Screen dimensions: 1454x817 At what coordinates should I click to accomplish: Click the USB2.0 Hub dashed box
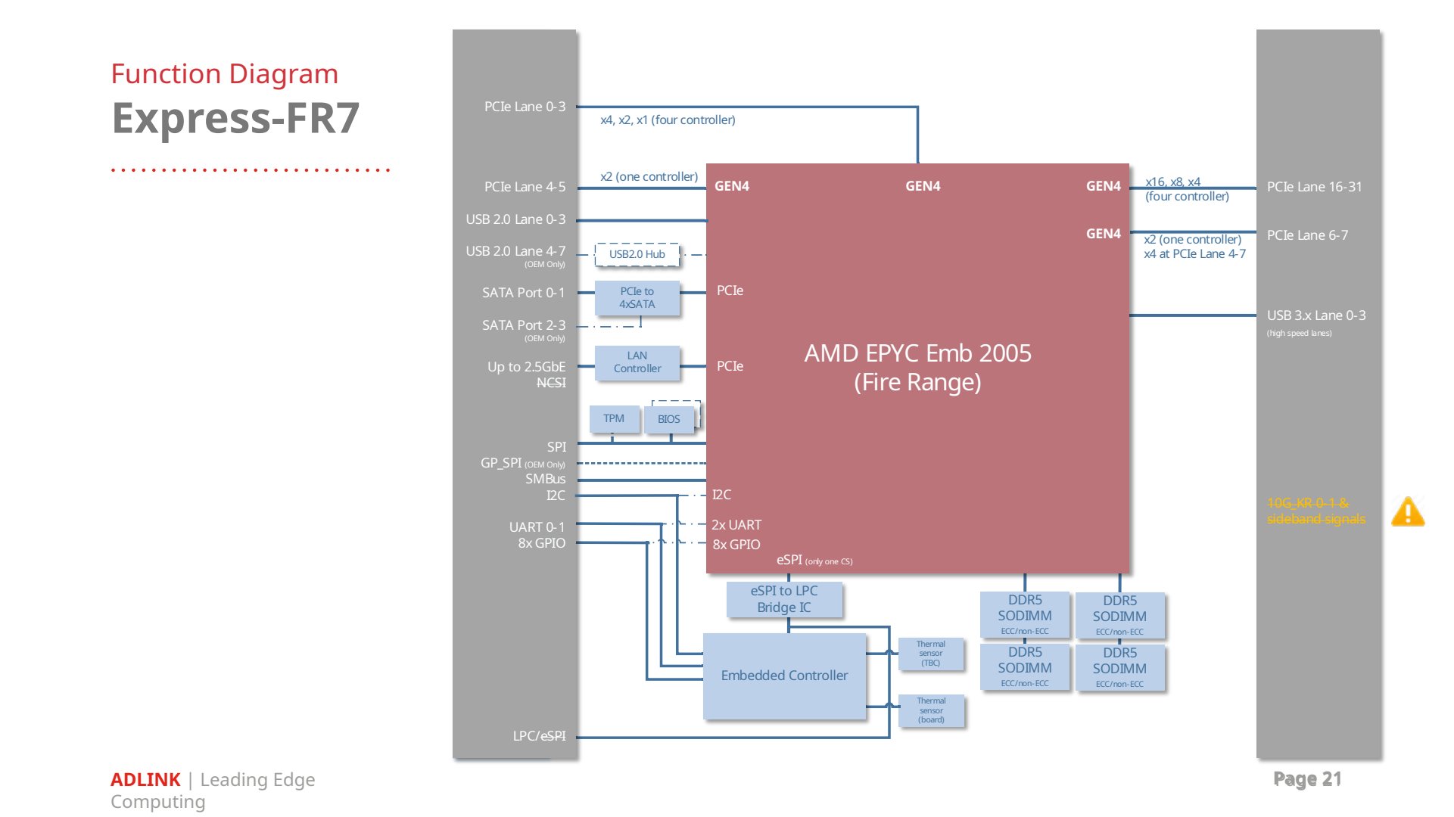point(637,254)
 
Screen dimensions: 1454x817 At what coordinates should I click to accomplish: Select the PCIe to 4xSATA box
point(637,298)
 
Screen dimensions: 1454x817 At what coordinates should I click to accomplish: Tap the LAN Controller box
point(637,362)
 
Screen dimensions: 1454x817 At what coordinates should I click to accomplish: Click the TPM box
point(614,419)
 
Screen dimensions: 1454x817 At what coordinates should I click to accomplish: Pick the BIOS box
point(669,419)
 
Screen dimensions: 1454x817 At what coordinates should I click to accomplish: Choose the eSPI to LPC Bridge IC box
point(784,599)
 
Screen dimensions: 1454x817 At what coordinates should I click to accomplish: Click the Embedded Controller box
point(784,676)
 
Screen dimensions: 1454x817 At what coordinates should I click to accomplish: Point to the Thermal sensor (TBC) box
point(931,654)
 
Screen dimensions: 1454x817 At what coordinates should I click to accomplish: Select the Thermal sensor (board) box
point(931,710)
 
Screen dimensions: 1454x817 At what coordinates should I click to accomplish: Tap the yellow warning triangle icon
point(1408,512)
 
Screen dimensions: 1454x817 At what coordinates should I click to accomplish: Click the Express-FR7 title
point(235,119)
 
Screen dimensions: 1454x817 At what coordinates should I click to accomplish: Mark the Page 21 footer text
point(1307,779)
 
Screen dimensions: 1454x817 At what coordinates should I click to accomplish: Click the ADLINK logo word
point(145,780)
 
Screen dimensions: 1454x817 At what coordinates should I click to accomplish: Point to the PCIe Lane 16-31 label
point(1314,187)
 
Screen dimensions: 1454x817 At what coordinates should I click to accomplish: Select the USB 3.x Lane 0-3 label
point(1316,315)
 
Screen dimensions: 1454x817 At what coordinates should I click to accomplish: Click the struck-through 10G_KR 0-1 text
point(1308,503)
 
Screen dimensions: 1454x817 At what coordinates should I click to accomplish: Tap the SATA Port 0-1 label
point(524,293)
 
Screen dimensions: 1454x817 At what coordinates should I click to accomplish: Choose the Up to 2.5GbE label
point(526,367)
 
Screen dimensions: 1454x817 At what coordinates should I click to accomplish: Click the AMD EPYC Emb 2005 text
point(917,353)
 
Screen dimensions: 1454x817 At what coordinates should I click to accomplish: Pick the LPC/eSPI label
point(539,736)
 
